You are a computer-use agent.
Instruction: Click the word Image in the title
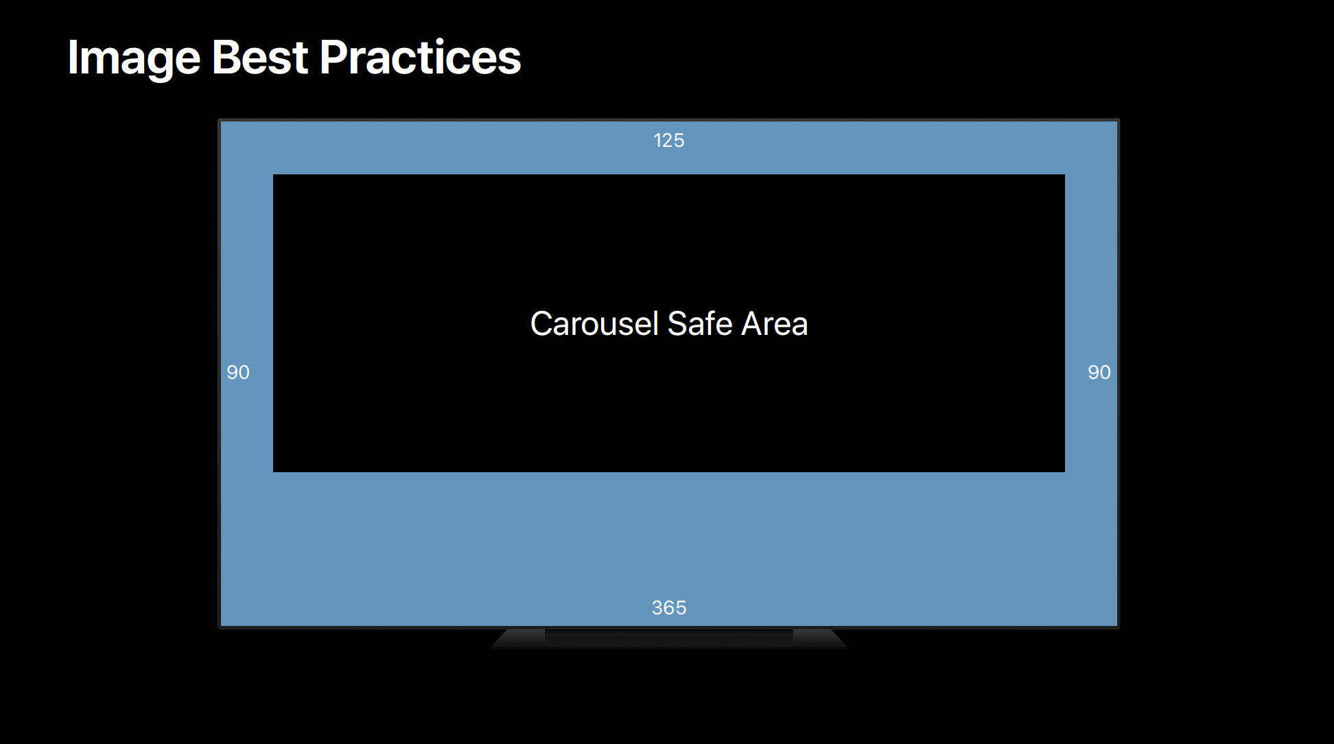coord(134,59)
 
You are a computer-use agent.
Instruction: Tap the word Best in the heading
coord(260,57)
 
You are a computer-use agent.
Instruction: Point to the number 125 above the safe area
coord(669,141)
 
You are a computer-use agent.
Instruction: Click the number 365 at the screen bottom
coord(669,608)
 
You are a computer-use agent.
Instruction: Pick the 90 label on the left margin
coord(238,373)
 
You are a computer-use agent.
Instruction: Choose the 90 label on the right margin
coord(1099,373)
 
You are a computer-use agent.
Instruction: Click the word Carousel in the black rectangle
coord(594,323)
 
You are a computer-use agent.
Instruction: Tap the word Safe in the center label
coord(700,323)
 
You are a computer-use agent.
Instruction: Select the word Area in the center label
coord(775,324)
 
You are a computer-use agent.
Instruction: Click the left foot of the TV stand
coord(519,638)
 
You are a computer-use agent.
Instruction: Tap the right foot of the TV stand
coord(819,638)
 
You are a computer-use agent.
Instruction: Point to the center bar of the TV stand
coord(669,638)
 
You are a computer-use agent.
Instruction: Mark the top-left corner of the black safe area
coord(273,174)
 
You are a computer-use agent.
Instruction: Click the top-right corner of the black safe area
coord(1065,174)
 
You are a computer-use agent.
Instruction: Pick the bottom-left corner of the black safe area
coord(273,472)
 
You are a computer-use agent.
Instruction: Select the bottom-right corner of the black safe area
coord(1065,472)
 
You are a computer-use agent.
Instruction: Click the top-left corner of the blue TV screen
coord(221,122)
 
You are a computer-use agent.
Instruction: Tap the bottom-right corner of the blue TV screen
coord(1117,626)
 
